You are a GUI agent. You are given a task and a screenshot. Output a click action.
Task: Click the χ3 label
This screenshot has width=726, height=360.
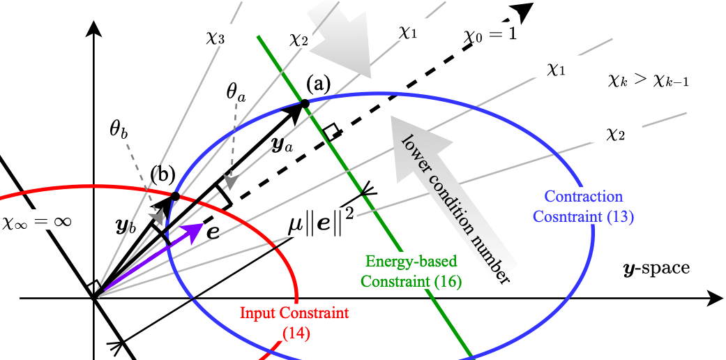pyautogui.click(x=215, y=38)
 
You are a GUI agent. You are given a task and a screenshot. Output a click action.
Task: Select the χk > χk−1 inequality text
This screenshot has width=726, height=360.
pyautogui.click(x=649, y=81)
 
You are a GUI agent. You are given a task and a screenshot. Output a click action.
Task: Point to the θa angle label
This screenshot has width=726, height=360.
pyautogui.click(x=236, y=91)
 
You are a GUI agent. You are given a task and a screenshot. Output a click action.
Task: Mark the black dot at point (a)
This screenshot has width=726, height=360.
pyautogui.click(x=305, y=105)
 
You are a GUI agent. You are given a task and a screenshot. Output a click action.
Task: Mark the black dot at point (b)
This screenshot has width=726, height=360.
pyautogui.click(x=175, y=197)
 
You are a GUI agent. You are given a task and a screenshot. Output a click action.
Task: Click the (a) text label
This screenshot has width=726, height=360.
pyautogui.click(x=317, y=85)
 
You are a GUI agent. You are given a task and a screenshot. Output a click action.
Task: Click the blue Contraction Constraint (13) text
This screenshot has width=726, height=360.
pyautogui.click(x=589, y=207)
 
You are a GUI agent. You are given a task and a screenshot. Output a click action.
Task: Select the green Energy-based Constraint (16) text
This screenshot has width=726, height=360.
pyautogui.click(x=412, y=271)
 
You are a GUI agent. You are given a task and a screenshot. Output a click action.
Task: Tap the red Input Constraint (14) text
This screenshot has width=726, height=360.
pyautogui.click(x=294, y=322)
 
